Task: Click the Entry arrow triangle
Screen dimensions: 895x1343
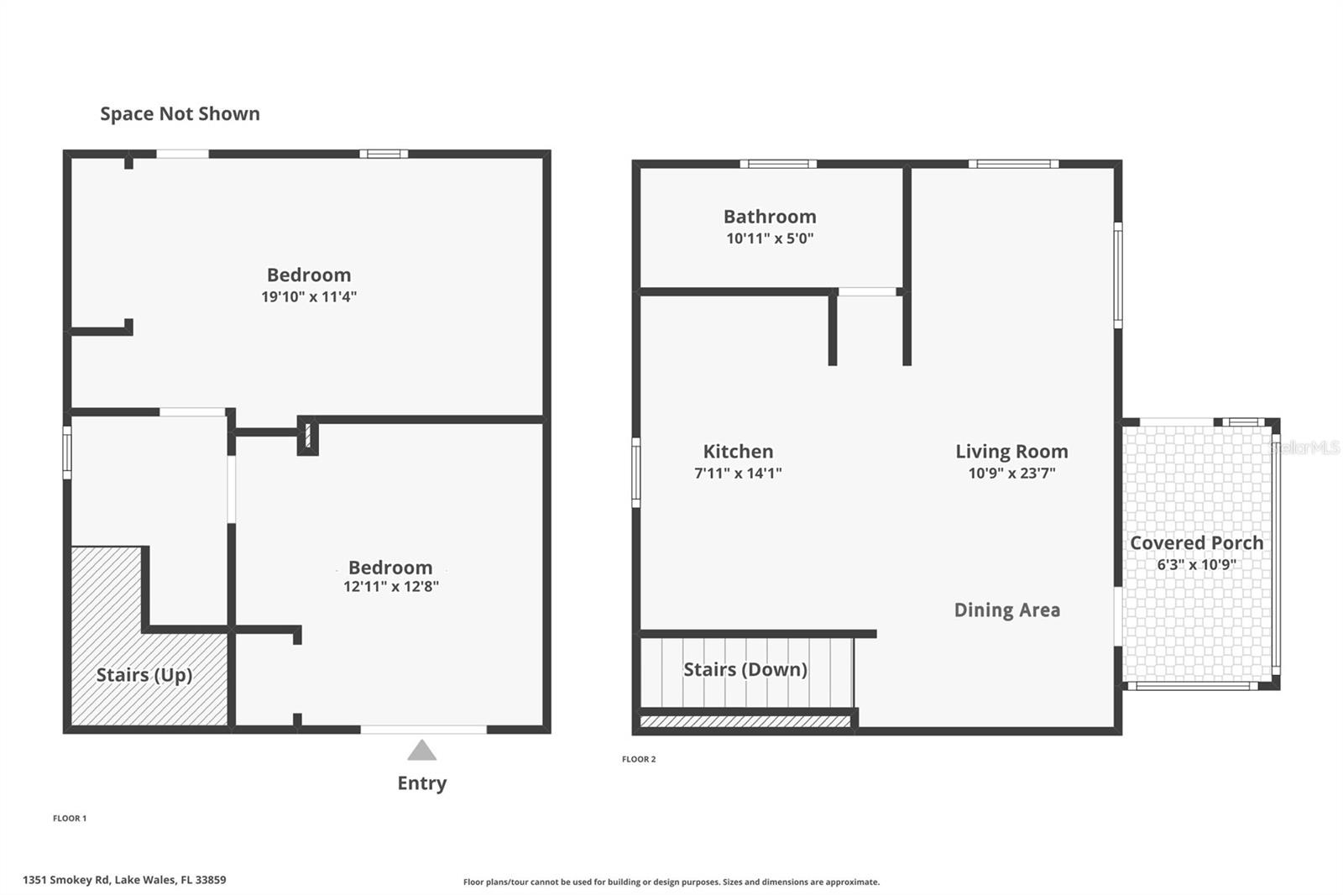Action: click(x=421, y=751)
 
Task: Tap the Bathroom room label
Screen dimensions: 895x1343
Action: click(x=770, y=217)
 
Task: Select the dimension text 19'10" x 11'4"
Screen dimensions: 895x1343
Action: click(x=309, y=296)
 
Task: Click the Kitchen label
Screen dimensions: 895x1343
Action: click(x=738, y=452)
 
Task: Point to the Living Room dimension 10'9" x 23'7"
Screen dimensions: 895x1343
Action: click(x=1011, y=473)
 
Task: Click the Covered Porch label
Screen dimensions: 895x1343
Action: click(x=1196, y=543)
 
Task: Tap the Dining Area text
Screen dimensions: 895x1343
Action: click(x=1006, y=610)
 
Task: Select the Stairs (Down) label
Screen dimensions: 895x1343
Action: click(x=745, y=669)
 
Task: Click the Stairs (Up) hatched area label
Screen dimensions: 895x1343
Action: click(x=144, y=675)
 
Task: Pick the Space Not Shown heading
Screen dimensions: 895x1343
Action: click(x=180, y=114)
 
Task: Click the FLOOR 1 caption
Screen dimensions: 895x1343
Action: click(x=70, y=818)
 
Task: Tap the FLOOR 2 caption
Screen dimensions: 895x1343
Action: click(x=639, y=759)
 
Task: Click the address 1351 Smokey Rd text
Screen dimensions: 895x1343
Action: click(x=124, y=880)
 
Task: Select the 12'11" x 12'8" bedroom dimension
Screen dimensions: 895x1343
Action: click(x=390, y=587)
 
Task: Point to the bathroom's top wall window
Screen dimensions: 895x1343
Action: click(x=777, y=164)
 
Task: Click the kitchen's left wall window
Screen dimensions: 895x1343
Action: click(x=636, y=472)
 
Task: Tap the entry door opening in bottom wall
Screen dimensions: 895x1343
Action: click(x=423, y=730)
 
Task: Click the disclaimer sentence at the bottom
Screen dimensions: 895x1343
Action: click(x=671, y=882)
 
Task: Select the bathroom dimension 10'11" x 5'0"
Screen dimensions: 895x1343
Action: click(x=770, y=238)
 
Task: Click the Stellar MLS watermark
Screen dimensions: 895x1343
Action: click(x=1304, y=447)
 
